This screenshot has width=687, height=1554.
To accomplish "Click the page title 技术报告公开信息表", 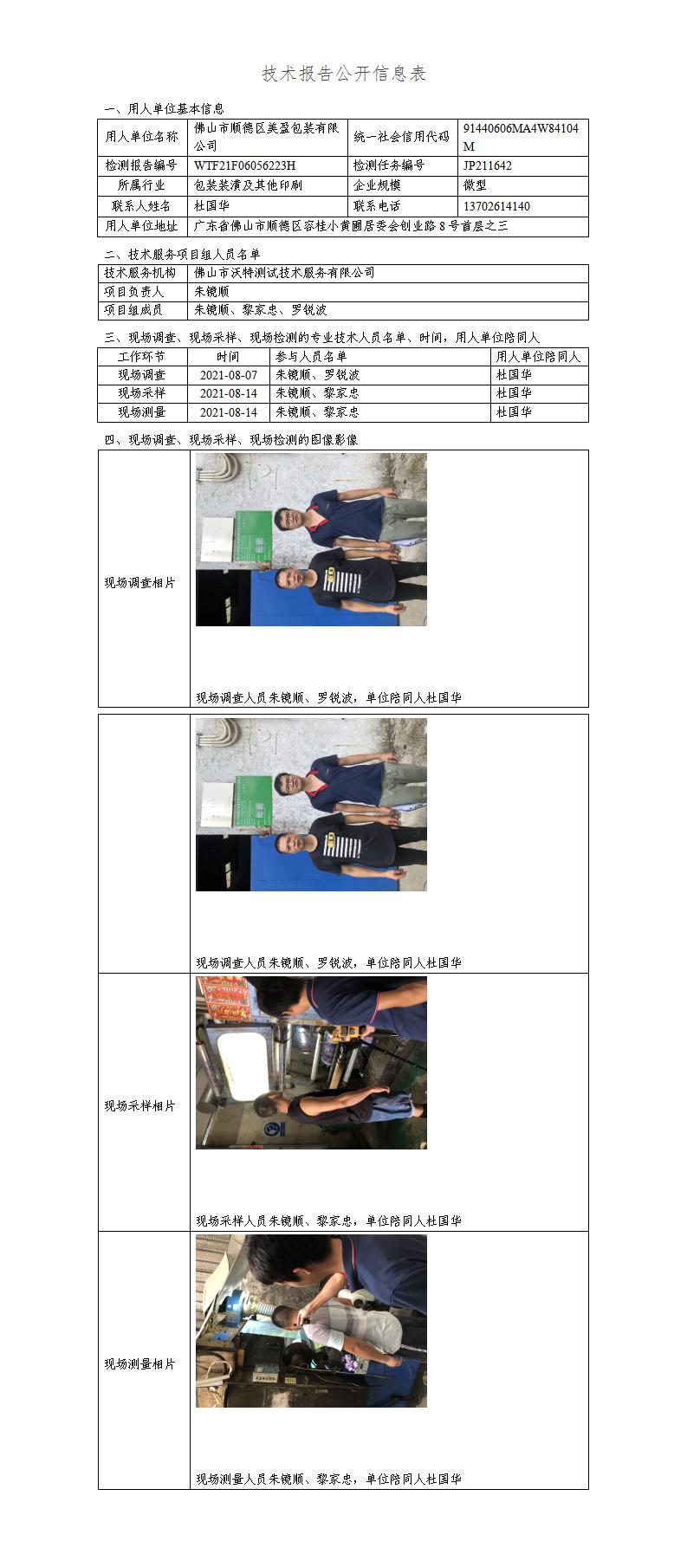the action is tap(344, 74).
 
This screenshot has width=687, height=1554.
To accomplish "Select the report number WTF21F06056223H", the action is tap(245, 165).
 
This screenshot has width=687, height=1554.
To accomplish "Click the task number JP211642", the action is tap(488, 165).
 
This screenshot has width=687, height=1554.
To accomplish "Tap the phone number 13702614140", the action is tap(497, 206).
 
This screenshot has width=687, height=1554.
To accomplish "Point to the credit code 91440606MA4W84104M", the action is tap(522, 137).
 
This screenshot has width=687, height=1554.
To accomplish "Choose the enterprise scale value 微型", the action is tap(475, 185).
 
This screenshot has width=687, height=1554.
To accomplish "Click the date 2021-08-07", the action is tap(229, 375).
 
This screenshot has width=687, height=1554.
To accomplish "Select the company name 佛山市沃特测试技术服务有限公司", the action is tap(284, 273).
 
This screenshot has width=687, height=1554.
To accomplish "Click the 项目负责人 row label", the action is tap(134, 292).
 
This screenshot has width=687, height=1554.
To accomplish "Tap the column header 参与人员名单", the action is tap(311, 357).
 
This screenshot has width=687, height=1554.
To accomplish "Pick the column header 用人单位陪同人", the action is tap(538, 357).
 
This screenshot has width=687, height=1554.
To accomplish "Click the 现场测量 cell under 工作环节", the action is tap(142, 412).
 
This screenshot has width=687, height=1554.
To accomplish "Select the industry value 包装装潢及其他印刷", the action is tap(249, 185).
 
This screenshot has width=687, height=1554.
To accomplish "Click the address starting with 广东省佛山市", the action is tap(351, 226).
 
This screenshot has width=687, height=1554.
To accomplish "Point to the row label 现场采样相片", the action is tap(140, 1106).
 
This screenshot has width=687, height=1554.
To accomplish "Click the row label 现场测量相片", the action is tap(140, 1364).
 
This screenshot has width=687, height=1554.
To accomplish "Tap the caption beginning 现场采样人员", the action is tap(328, 1221).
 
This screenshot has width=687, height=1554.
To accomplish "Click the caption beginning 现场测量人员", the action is tap(328, 1480).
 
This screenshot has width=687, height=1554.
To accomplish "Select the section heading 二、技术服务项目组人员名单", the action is tap(182, 255).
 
